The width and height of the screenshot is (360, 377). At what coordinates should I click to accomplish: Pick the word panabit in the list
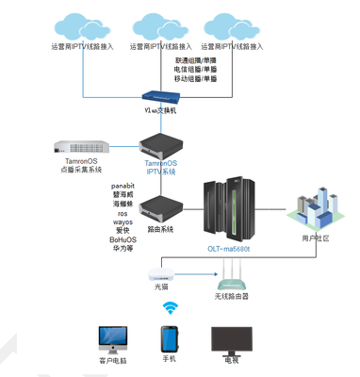point(124,186)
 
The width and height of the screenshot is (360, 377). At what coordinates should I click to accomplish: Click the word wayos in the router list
point(123,221)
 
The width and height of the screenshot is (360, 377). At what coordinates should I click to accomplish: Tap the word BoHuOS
point(123,239)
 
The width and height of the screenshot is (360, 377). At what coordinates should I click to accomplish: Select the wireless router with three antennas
point(231,280)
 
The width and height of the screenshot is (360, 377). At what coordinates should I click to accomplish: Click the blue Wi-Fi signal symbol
point(171,308)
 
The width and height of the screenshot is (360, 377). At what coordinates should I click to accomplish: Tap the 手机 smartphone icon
point(171,340)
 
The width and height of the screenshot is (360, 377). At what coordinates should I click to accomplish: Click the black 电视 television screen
point(232,341)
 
